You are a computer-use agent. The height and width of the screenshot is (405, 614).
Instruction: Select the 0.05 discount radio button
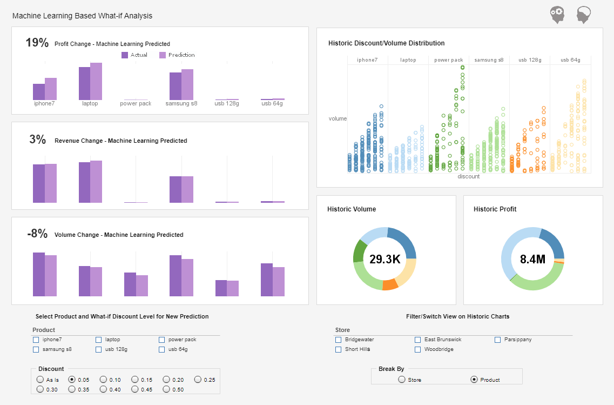tap(71, 380)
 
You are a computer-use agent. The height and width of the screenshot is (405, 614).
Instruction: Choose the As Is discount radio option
tap(40, 380)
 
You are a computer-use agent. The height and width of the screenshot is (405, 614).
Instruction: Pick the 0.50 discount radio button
tap(166, 389)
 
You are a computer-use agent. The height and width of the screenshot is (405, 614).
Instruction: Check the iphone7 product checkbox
tap(36, 340)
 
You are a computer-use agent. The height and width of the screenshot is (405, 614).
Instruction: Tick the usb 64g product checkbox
tap(161, 349)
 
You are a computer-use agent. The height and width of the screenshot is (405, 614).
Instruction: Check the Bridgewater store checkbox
tap(339, 340)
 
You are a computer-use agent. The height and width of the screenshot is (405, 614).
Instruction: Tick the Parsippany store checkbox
tap(498, 340)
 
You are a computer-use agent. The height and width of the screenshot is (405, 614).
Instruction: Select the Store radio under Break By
tap(401, 380)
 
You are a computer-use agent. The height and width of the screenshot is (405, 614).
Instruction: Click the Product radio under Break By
tap(474, 380)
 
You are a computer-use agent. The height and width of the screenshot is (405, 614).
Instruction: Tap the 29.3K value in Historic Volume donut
tap(384, 259)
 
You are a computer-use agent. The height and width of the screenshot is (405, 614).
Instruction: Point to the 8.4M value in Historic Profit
tap(532, 259)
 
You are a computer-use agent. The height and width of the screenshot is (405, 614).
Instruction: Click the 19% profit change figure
tap(37, 43)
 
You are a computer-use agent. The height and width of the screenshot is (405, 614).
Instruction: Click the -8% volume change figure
tap(37, 234)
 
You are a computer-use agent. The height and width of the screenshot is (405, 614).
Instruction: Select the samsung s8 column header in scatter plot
tap(489, 60)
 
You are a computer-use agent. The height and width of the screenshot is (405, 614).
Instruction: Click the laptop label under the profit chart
tap(90, 103)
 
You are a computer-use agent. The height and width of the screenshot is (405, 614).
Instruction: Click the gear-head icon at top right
tap(557, 15)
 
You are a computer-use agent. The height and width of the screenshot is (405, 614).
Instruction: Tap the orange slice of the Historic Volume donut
tap(390, 284)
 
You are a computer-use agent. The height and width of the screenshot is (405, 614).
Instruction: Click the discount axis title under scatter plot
tap(468, 176)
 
